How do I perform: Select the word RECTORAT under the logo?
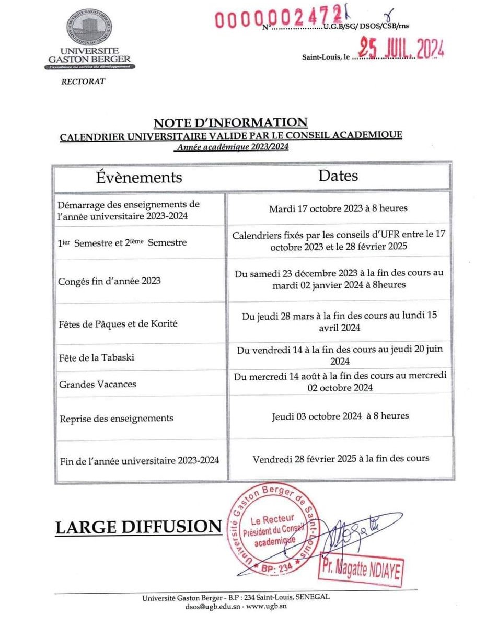click(x=83, y=82)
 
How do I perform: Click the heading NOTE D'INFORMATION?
click(x=230, y=123)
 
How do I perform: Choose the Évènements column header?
click(x=139, y=177)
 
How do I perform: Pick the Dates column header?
click(x=338, y=175)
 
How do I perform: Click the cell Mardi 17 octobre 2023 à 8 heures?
click(x=338, y=208)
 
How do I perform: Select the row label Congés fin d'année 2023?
click(x=110, y=281)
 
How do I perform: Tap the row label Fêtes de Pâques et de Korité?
click(x=119, y=323)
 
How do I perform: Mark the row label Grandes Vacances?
click(x=97, y=384)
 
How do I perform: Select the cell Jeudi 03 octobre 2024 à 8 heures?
click(x=340, y=416)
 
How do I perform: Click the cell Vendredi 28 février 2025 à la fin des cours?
click(x=341, y=458)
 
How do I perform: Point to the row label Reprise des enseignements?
click(x=116, y=419)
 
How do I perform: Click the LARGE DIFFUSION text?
click(x=138, y=527)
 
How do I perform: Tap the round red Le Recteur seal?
click(x=271, y=529)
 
